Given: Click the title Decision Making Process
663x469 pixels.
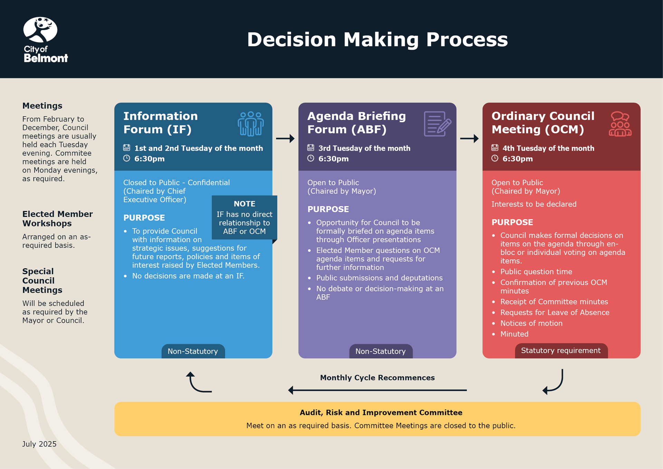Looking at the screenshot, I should click(377, 39).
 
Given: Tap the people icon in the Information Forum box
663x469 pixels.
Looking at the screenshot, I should click(251, 124).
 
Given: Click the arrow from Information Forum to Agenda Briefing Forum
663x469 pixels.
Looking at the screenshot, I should click(285, 138).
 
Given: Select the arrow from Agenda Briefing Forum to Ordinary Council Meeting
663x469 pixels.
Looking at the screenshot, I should click(469, 138).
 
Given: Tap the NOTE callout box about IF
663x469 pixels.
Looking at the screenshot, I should click(244, 218).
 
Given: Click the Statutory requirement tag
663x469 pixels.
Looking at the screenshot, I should click(561, 351).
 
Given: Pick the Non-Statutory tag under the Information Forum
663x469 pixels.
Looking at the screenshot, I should click(193, 351).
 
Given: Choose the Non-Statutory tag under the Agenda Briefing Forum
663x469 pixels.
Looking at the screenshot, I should click(381, 351).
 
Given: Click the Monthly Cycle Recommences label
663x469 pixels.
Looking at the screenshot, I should click(377, 377).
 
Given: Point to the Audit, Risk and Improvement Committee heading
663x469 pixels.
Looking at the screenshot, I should click(381, 412).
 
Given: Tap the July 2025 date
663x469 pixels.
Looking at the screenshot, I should click(39, 444).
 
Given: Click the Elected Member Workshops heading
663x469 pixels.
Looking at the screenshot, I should click(57, 219).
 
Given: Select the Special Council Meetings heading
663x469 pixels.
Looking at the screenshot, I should click(42, 280).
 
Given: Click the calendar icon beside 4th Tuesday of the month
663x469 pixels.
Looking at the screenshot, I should click(495, 148).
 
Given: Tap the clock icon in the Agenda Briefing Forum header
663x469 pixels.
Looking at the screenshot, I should click(311, 159).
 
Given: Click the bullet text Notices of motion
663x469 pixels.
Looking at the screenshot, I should click(531, 323).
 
